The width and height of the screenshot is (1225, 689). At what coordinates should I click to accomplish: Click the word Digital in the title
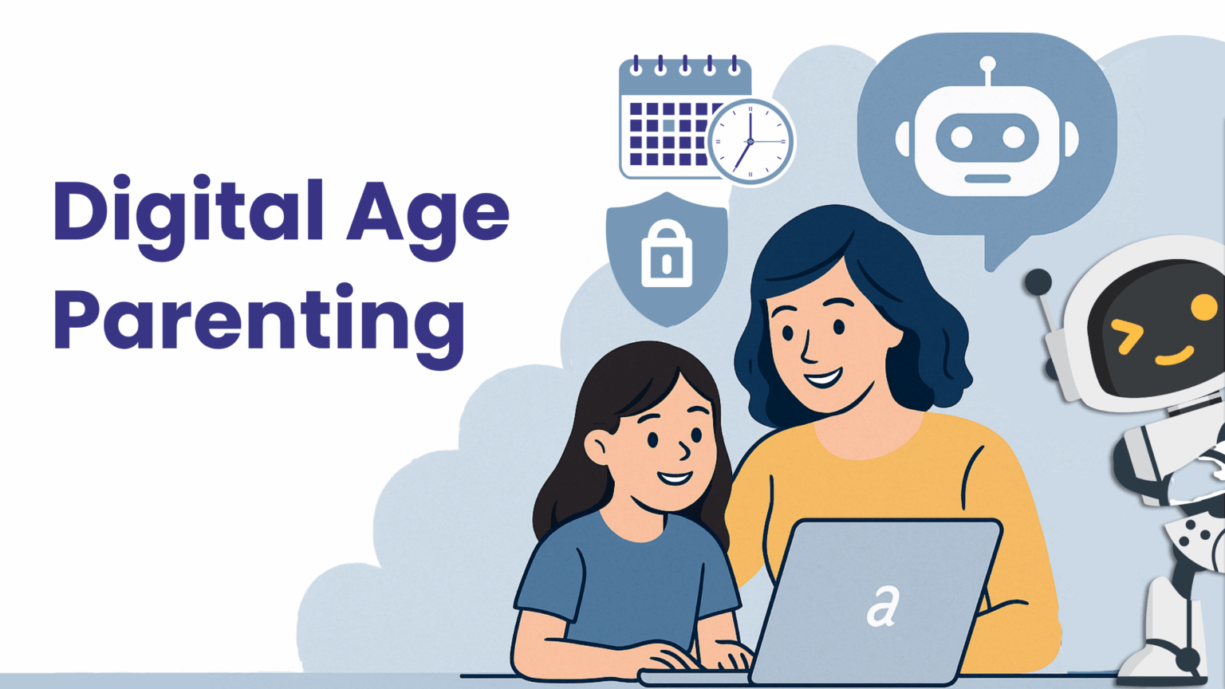(188, 212)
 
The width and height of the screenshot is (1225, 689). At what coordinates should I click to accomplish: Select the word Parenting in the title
(258, 319)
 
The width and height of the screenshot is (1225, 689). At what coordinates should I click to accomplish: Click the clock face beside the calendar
(750, 142)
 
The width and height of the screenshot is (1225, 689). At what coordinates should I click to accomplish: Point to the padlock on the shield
(667, 255)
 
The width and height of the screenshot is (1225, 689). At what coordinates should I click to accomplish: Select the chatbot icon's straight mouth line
(987, 179)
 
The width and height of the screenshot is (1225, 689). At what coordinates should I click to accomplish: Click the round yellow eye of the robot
(1203, 307)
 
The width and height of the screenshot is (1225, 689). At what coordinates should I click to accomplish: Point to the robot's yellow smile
(1176, 356)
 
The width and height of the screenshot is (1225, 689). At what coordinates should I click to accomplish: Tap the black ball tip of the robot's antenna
(1038, 282)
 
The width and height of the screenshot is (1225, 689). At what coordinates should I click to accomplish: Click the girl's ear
(597, 447)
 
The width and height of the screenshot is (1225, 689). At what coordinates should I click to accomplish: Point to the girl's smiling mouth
(674, 478)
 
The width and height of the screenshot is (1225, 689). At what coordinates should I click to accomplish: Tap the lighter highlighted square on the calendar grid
(668, 125)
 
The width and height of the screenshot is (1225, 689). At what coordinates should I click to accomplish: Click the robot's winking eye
(1128, 335)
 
